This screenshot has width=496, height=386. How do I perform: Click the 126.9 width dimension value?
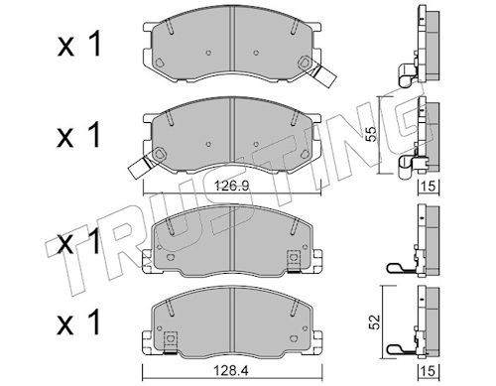click(231, 187)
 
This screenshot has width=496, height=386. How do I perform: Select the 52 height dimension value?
click(374, 322)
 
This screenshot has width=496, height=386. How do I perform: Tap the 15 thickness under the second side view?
click(429, 187)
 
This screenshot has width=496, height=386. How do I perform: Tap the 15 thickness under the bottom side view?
click(429, 371)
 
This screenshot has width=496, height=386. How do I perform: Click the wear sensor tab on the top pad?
click(325, 75)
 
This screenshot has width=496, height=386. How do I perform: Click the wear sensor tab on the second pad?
click(140, 168)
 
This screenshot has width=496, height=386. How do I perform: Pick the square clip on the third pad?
click(294, 261)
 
